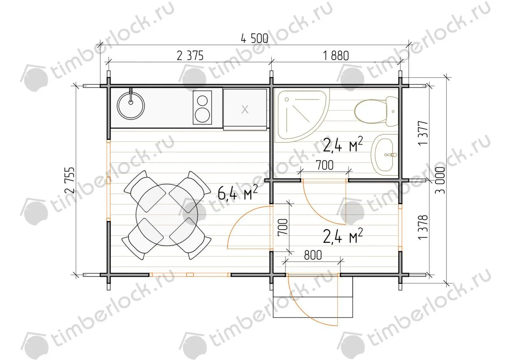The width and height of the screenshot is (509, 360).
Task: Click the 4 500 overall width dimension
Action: tap(254, 39)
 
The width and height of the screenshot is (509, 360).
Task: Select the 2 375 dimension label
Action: tap(190, 56)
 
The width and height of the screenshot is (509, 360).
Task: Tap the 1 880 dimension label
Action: tap(336, 56)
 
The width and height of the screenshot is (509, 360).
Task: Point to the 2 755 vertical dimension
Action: tap(70, 180)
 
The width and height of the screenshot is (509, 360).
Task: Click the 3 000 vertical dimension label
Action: tap(440, 180)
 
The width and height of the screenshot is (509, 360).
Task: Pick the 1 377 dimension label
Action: tap(423, 133)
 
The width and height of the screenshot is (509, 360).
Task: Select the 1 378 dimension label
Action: tap(423, 227)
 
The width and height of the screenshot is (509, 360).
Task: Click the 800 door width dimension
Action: tap(313, 255)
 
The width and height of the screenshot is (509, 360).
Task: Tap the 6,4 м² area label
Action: tap(238, 192)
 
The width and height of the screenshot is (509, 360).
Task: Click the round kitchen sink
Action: tap(131, 106)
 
